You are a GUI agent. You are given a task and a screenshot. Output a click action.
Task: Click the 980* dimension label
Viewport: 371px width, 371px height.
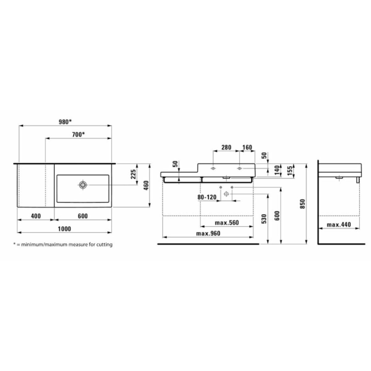click(65, 122)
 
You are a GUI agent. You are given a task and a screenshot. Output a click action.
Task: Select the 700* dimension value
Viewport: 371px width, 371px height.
click(78, 134)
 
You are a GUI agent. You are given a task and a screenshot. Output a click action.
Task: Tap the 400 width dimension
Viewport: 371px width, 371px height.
click(36, 216)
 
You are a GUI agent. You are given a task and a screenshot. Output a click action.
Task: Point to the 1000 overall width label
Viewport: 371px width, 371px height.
click(64, 229)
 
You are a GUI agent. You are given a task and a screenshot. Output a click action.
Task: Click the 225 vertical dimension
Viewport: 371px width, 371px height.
click(134, 174)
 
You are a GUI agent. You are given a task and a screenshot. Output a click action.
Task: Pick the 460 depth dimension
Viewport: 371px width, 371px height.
click(146, 185)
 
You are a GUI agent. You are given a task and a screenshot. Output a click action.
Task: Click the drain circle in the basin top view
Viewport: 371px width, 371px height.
click(83, 185)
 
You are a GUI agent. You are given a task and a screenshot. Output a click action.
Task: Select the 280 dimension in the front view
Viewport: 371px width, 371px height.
click(226, 147)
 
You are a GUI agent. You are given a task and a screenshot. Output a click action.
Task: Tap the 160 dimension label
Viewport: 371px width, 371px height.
click(247, 147)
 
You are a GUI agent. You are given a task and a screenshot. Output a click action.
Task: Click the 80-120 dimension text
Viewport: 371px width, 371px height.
click(207, 197)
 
